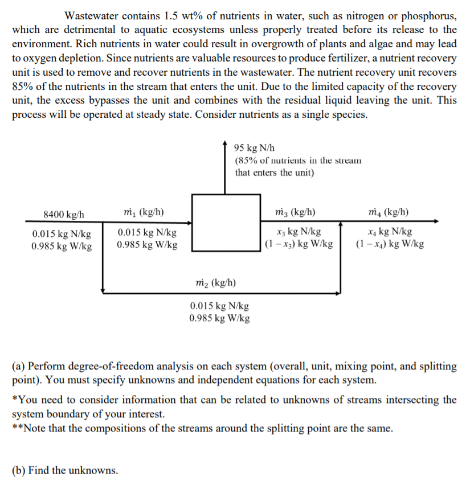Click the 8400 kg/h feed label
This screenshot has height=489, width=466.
[x=64, y=214]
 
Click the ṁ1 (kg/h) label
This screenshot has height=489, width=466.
[x=144, y=213]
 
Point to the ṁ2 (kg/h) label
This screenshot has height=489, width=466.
[x=215, y=282]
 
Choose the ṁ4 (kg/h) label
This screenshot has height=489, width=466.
[x=389, y=213]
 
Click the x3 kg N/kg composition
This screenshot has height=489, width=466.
[x=297, y=232]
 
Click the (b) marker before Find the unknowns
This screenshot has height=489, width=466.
[x=18, y=470]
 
